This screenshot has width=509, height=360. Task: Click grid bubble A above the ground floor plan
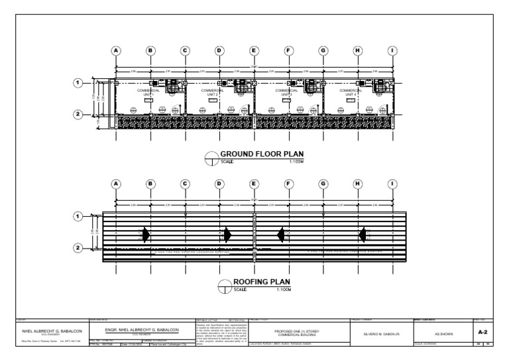(x=116, y=50)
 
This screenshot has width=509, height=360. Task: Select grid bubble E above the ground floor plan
(x=254, y=50)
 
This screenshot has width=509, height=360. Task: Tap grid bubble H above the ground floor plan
(x=358, y=50)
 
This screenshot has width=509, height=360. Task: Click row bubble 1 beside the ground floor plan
(x=78, y=83)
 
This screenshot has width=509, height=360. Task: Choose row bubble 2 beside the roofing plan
(x=78, y=248)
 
